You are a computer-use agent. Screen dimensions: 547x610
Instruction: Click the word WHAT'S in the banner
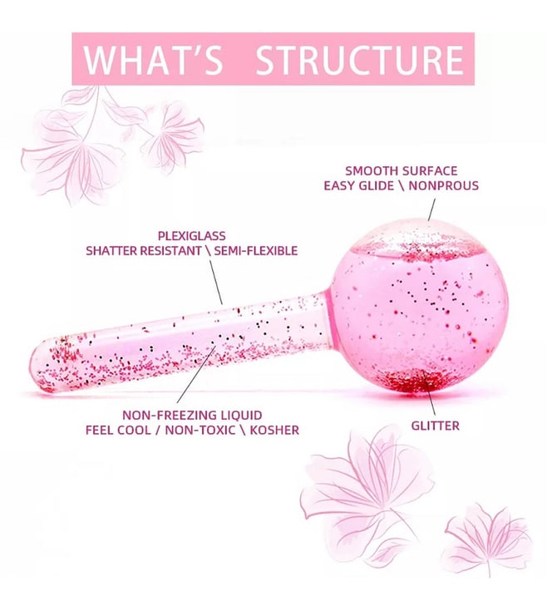click(x=153, y=60)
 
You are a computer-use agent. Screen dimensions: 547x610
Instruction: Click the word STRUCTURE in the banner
click(x=360, y=60)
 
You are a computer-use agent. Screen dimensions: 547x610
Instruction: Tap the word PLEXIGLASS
click(x=191, y=236)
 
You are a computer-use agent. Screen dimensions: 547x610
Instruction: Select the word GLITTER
click(x=435, y=426)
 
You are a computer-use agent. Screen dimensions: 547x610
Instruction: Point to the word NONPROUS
click(x=443, y=185)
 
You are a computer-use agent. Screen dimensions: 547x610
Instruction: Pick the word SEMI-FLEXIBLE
click(x=255, y=250)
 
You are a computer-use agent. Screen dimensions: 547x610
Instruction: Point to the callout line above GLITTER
click(x=431, y=397)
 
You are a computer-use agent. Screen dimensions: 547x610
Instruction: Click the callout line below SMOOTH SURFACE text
click(x=431, y=209)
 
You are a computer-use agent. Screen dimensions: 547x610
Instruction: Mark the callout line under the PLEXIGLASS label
click(x=216, y=282)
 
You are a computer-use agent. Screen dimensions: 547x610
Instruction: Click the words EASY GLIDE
click(x=358, y=185)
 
